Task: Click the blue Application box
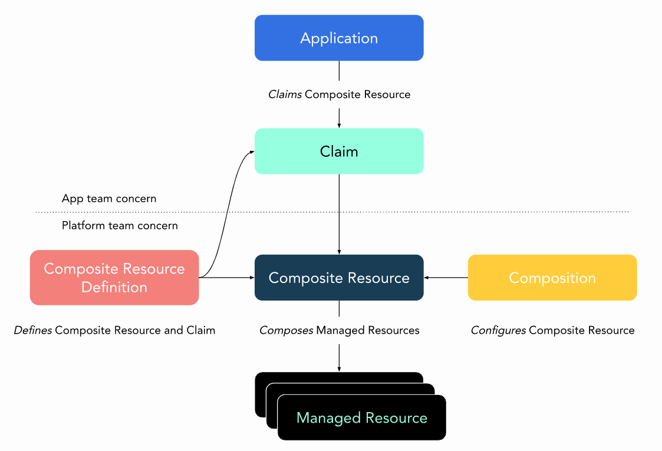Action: pos(339,38)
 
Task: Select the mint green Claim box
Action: pos(339,152)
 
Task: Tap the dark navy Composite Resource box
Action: pos(339,278)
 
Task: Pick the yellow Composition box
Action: pos(552,278)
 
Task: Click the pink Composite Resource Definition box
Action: pos(114,278)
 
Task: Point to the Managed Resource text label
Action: pos(361,418)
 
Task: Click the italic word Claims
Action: pos(285,94)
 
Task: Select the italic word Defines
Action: pos(33,330)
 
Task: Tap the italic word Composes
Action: pos(286,330)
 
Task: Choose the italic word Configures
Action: pos(498,330)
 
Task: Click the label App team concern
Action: pos(109,199)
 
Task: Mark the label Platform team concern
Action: pos(120,225)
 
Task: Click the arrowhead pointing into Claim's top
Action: pos(339,125)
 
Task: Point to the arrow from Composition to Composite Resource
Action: pos(446,278)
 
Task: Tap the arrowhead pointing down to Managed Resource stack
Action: pos(339,368)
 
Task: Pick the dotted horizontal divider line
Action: pos(472,212)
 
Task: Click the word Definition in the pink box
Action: pos(114,287)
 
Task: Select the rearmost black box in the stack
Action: pos(339,377)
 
